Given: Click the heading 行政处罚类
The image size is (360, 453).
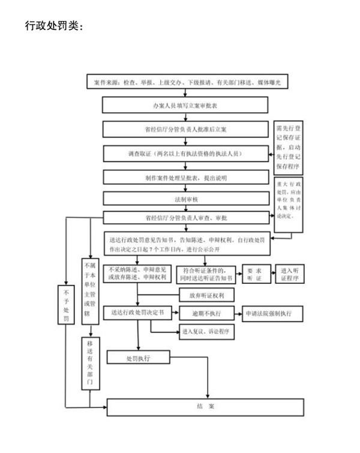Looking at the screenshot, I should [x=53, y=26].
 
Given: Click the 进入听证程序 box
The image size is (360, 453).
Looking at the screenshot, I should [x=290, y=274].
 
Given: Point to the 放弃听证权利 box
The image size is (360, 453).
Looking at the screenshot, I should [x=207, y=295].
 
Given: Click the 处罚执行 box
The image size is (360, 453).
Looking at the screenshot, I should [x=139, y=358].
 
